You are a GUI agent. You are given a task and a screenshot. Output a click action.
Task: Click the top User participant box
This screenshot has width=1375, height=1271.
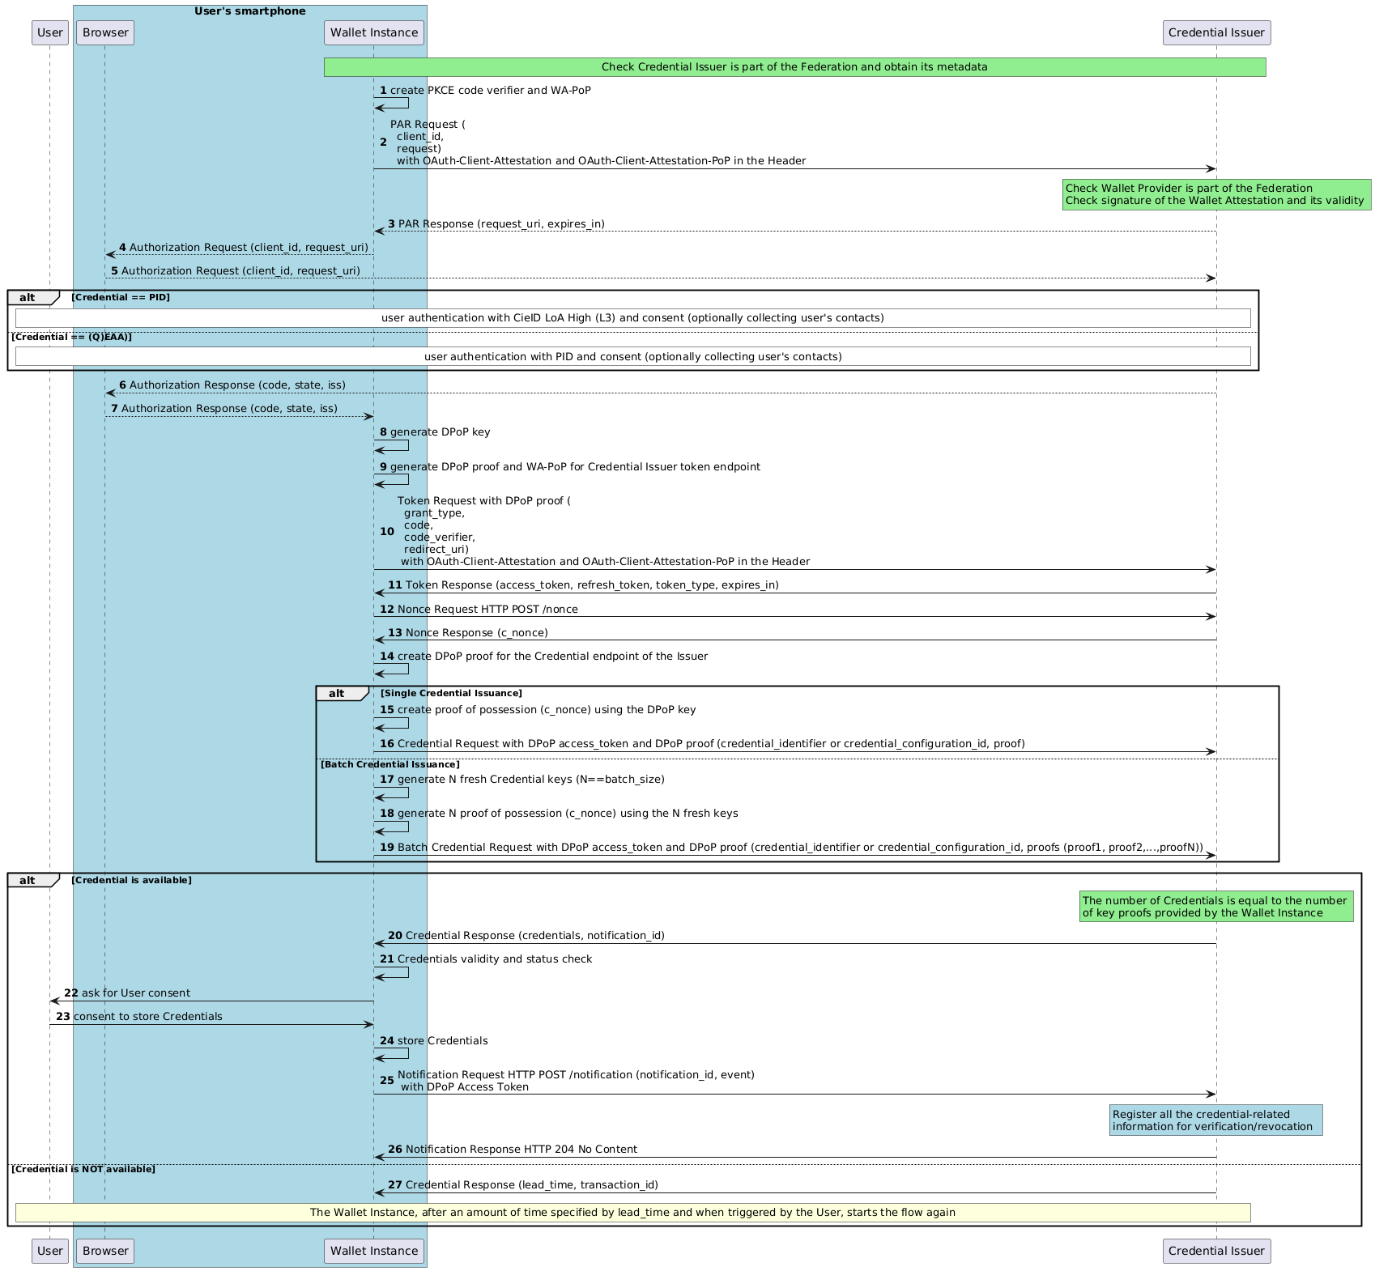50,32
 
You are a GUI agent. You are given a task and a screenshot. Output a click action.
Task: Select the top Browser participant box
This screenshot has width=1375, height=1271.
105,32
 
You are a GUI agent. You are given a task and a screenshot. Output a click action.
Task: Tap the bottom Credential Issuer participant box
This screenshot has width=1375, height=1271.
1216,1251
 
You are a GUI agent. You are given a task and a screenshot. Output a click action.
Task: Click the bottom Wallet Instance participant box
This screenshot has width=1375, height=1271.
374,1251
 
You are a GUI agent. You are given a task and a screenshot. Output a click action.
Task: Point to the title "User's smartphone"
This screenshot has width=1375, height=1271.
249,11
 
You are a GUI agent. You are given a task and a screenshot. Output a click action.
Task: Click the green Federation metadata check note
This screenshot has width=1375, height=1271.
794,67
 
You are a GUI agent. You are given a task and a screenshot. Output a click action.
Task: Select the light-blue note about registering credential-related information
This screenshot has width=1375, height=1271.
1215,1120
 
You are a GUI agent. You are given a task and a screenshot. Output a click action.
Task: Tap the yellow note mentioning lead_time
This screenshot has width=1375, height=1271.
632,1213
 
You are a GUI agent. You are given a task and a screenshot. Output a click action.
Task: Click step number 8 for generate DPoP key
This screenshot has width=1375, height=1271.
383,432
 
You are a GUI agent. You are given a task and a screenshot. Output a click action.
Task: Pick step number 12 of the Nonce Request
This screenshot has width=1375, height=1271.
386,609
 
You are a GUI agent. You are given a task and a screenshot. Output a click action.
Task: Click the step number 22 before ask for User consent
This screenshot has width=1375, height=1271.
71,993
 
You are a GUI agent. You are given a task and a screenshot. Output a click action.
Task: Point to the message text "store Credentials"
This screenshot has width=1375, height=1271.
443,1041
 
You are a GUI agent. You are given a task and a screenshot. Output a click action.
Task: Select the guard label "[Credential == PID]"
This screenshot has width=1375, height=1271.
121,298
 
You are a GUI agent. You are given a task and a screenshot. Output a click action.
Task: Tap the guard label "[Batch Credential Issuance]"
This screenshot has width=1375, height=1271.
390,764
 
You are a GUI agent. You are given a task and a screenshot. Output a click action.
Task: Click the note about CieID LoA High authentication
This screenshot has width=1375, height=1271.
632,318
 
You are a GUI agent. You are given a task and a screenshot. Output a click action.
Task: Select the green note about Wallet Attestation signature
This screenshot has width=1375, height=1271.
1215,195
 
